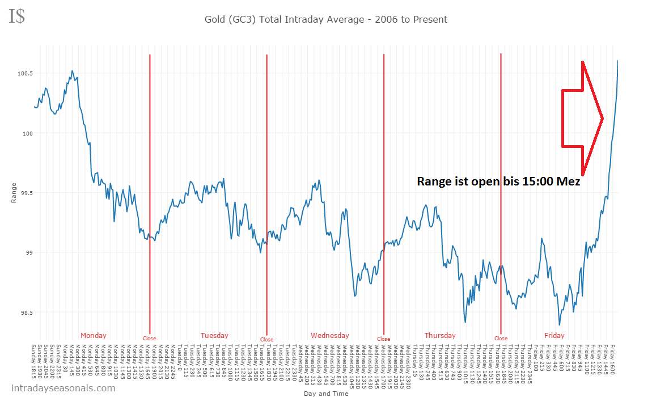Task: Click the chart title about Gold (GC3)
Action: [325, 19]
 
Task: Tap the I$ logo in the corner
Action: [16, 16]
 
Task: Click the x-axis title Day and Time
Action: [325, 393]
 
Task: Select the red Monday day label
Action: [93, 335]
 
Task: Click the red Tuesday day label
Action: [214, 335]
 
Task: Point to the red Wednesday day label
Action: [330, 335]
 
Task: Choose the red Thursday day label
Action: [440, 335]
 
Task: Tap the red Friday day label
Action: [554, 335]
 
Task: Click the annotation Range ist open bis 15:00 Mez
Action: [498, 181]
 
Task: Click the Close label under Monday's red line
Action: [149, 339]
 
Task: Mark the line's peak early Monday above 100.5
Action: [72, 71]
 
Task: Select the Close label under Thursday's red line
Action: [501, 339]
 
